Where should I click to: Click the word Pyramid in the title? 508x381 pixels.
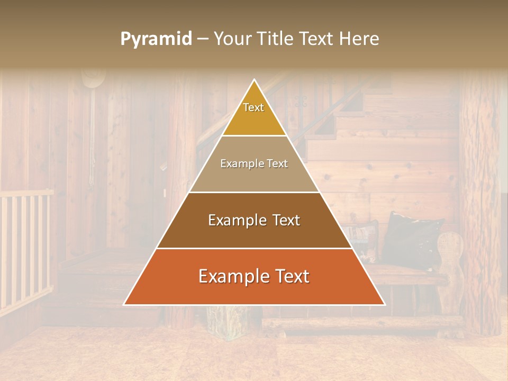click(x=156, y=39)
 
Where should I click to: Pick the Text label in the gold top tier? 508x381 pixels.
click(x=253, y=107)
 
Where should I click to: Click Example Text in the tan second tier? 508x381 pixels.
click(x=254, y=164)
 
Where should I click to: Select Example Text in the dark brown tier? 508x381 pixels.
click(x=254, y=220)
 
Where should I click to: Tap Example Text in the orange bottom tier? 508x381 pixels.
click(x=254, y=276)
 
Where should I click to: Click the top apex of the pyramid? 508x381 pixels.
click(x=255, y=80)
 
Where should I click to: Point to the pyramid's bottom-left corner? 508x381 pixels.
click(x=124, y=304)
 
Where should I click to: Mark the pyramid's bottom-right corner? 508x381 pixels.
click(x=384, y=304)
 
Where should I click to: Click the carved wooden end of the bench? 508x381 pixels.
click(x=450, y=265)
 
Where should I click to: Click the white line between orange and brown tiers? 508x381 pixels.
click(x=254, y=248)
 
